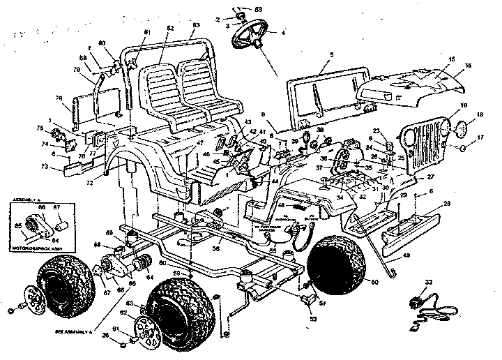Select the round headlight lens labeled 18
461,130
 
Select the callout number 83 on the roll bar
197,25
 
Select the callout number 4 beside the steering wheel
283,32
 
